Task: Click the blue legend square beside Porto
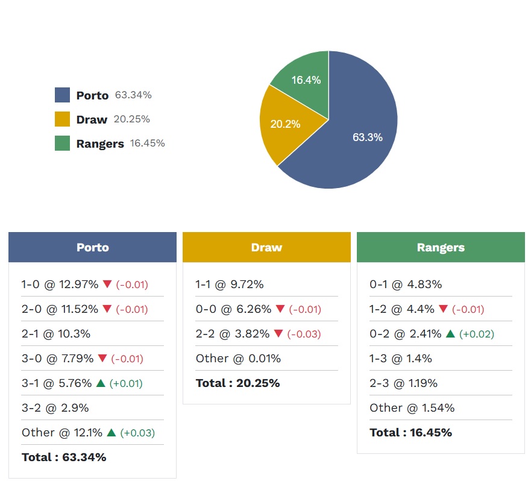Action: tap(62, 95)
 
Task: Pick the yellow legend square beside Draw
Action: tap(62, 119)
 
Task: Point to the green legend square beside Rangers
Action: tap(62, 143)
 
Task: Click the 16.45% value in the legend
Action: tap(147, 143)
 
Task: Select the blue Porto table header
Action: tap(92, 247)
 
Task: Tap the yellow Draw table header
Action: tap(266, 247)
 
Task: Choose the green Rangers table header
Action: tap(441, 247)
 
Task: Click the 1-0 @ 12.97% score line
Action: tap(60, 285)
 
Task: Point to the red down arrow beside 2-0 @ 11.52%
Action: tap(107, 309)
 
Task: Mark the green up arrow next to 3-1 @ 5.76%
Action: tap(101, 383)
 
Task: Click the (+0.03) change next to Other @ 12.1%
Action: tap(137, 433)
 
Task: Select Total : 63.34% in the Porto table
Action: tap(64, 457)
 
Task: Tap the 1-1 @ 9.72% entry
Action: tap(230, 285)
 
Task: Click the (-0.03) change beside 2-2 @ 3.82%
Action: tap(305, 334)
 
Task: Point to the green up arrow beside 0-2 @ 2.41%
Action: tap(450, 334)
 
